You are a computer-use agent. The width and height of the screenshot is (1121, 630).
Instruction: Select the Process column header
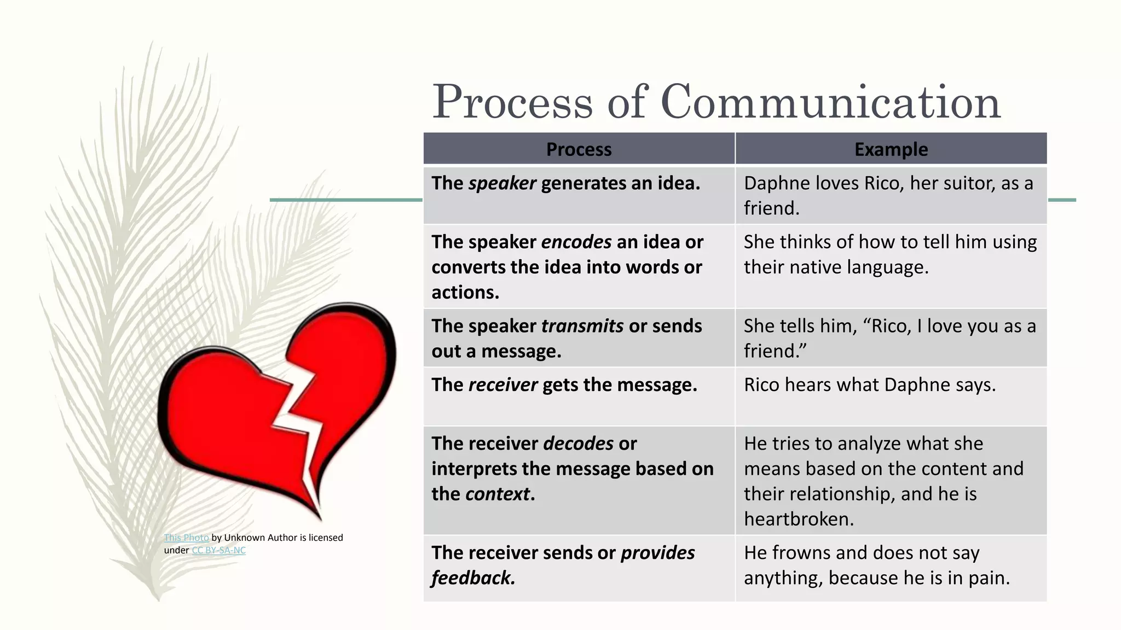coord(579,149)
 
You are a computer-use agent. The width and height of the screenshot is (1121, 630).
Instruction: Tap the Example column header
coord(891,149)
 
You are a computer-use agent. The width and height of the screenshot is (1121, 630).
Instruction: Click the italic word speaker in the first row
coord(502,183)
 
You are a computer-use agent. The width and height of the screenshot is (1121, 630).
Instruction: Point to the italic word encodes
coord(576,242)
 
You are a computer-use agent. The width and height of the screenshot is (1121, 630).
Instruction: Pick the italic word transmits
coord(582,326)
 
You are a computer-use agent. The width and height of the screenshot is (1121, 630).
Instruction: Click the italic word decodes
coord(579,444)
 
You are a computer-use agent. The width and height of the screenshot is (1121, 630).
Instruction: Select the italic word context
coord(497,494)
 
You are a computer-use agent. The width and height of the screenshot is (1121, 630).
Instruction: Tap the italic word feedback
coord(472,578)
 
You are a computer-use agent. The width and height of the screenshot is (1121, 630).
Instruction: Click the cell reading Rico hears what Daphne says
coord(869,385)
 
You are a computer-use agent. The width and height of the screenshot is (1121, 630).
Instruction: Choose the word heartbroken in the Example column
coord(798,519)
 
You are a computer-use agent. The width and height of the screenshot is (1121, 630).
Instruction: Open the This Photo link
coord(186,538)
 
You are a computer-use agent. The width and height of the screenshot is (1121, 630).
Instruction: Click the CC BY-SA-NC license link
coord(218,550)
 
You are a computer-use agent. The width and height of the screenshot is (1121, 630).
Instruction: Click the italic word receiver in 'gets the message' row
coord(503,385)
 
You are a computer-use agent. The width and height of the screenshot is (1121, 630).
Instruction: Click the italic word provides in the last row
coord(657,553)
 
